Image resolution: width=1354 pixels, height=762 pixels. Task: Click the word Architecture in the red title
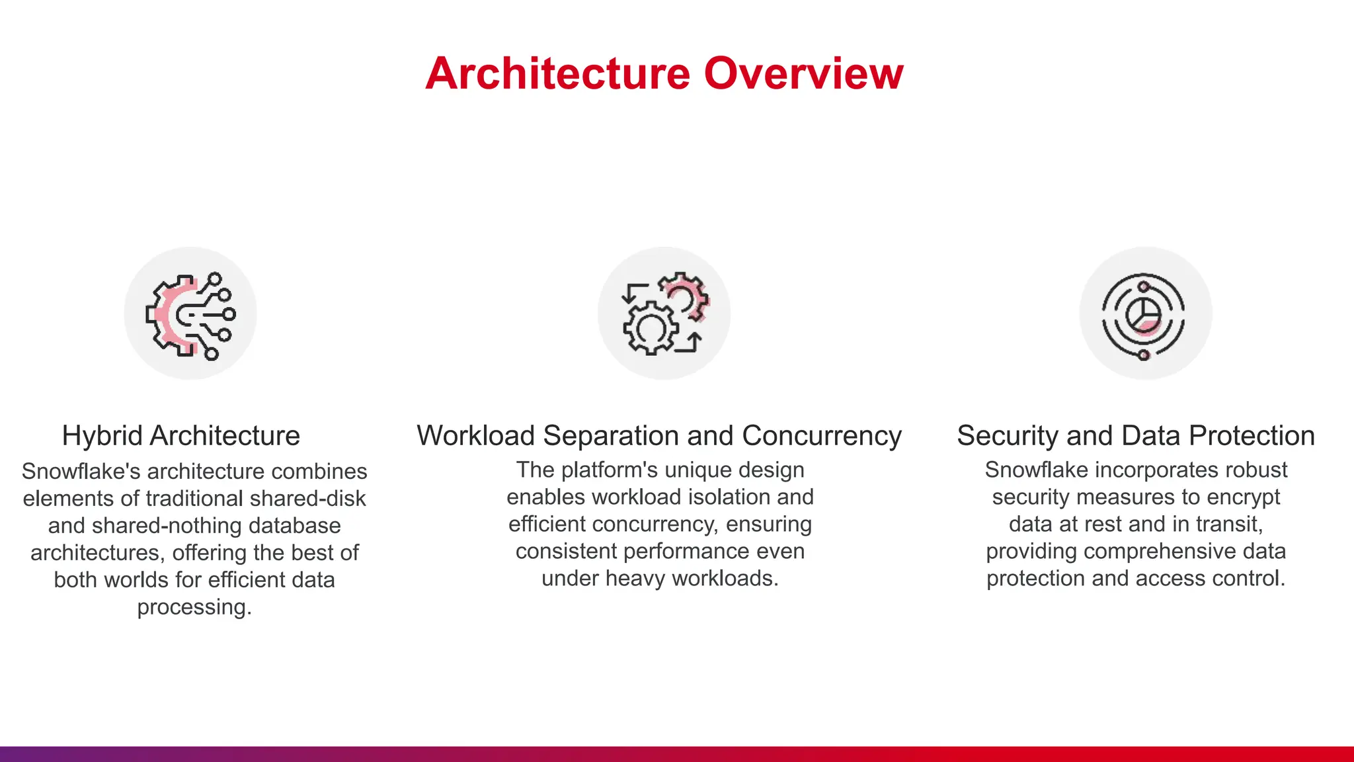coord(557,73)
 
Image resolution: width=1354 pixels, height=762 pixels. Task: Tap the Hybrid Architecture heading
coord(180,436)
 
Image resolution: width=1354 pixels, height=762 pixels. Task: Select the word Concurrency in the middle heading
coord(821,436)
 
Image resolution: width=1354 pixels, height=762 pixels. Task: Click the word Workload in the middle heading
coord(475,436)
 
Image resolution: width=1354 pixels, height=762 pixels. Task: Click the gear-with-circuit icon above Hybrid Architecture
coord(190,314)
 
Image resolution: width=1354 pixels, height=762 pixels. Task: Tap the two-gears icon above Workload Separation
coord(664,314)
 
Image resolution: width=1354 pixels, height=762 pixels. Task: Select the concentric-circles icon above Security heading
coord(1144,314)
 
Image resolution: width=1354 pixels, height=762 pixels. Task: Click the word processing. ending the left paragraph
coord(194,607)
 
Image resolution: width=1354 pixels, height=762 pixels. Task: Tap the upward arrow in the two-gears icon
coord(694,342)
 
